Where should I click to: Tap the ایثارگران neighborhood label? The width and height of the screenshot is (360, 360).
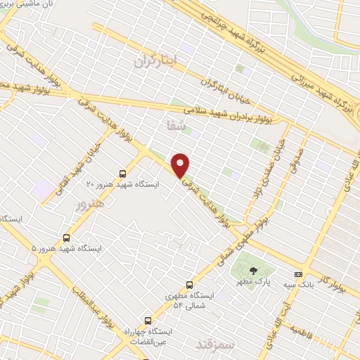click(x=153, y=62)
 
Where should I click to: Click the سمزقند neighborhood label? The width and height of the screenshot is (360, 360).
click(x=211, y=344)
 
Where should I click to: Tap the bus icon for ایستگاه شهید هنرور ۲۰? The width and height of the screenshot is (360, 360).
click(x=123, y=173)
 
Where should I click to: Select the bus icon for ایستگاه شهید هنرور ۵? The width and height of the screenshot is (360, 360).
click(x=67, y=238)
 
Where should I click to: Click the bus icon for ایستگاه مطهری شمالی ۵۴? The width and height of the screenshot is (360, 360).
click(x=189, y=285)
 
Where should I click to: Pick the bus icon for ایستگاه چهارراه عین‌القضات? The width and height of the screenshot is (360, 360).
click(x=147, y=320)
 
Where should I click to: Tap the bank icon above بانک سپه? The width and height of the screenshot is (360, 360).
click(x=299, y=274)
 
